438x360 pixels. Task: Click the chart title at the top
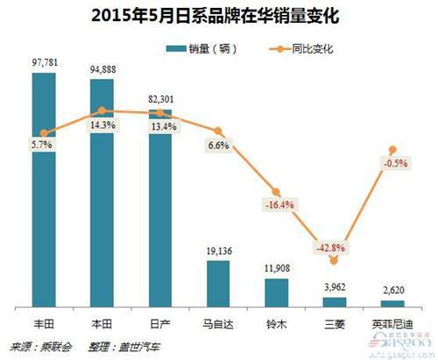218,15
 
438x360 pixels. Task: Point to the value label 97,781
44,63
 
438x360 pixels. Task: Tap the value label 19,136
218,250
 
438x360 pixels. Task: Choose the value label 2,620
392,289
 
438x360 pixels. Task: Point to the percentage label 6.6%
218,145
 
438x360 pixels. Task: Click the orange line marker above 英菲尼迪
392,150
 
